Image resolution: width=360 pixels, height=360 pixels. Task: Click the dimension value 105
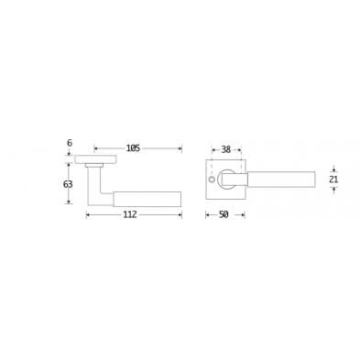pos(133,148)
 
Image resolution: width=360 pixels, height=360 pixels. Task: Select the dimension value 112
pos(130,214)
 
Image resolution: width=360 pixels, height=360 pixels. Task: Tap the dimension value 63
pos(68,184)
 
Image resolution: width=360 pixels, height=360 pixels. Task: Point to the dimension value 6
pos(70,143)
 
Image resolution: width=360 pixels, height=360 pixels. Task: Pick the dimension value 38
pos(225,149)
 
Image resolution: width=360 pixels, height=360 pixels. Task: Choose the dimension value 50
pos(224,214)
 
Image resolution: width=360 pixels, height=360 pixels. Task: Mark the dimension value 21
pos(333,180)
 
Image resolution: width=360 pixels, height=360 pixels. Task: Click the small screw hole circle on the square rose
pos(211,179)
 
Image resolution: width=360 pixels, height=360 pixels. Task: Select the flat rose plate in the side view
pos(95,159)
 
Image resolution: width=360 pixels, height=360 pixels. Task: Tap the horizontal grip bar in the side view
pos(147,199)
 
